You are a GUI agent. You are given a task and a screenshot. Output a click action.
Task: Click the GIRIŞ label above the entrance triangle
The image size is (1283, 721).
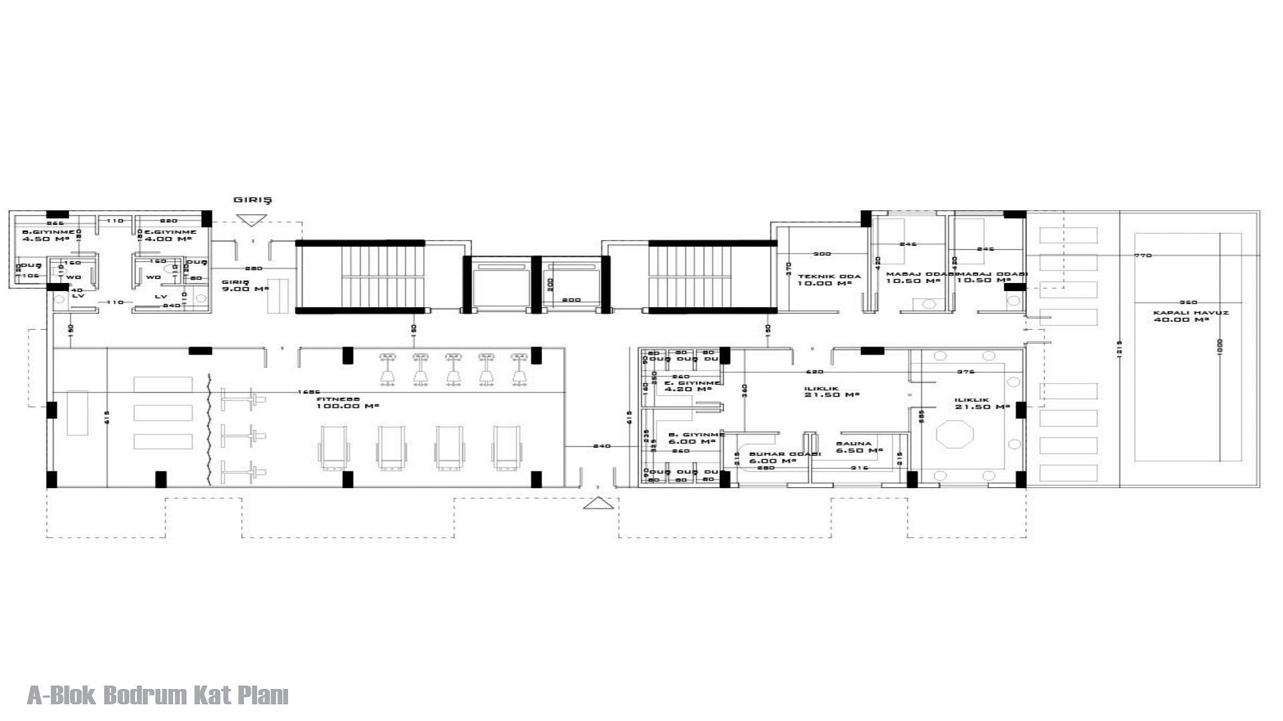(253, 200)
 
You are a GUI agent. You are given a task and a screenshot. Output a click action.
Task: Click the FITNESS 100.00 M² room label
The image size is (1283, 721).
(338, 403)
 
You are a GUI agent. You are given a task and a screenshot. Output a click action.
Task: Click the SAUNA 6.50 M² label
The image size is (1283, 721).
(858, 447)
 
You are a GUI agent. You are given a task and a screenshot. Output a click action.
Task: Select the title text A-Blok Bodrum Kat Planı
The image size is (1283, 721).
(158, 695)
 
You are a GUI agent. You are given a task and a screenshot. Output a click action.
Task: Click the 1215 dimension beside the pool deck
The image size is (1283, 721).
(1119, 348)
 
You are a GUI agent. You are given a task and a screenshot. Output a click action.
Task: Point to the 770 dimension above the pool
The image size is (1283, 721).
(1143, 256)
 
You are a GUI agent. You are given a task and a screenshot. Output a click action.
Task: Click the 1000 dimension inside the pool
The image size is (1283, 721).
(1220, 346)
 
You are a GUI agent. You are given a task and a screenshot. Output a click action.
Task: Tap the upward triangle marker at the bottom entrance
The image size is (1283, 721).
(598, 503)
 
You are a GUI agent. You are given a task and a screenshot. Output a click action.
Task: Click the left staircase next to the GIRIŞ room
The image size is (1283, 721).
(360, 277)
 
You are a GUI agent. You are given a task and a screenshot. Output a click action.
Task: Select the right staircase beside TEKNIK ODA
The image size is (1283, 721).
(712, 277)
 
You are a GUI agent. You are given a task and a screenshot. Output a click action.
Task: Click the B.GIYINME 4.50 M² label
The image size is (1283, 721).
(49, 235)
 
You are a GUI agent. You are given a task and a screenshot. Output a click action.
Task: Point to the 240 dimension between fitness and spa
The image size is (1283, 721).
(601, 446)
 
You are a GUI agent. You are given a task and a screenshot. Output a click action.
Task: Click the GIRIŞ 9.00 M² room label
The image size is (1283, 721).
(245, 285)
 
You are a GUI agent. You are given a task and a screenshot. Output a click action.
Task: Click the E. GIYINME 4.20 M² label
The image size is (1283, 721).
(692, 386)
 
